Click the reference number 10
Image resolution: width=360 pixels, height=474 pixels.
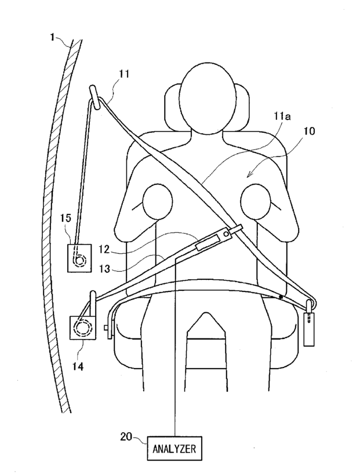310,131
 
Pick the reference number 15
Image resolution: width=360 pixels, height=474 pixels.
66,218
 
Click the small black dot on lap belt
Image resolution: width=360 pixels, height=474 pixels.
280,297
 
